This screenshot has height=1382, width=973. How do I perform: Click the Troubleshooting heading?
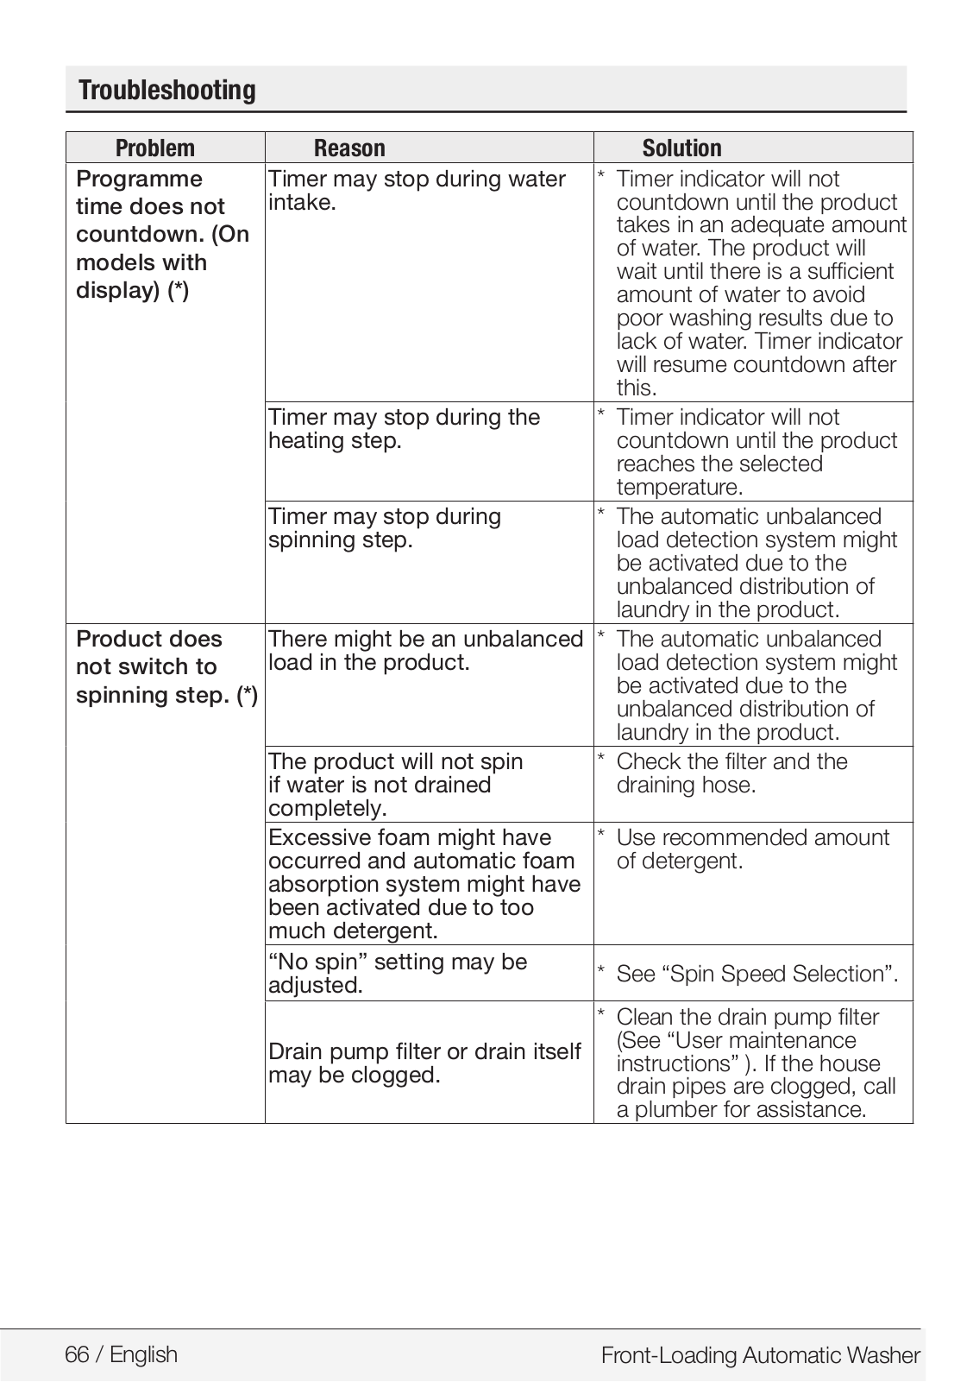(x=167, y=91)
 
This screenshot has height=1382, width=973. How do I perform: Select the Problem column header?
(x=155, y=148)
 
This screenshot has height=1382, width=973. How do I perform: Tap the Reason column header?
(x=349, y=148)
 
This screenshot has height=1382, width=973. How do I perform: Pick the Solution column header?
(x=681, y=148)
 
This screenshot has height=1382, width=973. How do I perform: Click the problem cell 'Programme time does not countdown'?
(x=162, y=235)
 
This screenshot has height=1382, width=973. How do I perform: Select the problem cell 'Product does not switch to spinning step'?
(x=166, y=667)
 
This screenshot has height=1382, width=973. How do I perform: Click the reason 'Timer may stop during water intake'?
(x=417, y=191)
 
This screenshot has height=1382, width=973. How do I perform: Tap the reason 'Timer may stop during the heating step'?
(x=404, y=429)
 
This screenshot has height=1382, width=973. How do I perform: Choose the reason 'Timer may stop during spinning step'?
(x=385, y=528)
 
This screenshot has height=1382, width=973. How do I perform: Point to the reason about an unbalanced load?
(x=425, y=651)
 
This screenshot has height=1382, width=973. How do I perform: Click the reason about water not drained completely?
(x=395, y=785)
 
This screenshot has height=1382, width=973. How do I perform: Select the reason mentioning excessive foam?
(x=424, y=884)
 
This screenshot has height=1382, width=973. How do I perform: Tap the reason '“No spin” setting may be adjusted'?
(x=398, y=974)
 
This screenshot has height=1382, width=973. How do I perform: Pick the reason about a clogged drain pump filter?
(x=424, y=1063)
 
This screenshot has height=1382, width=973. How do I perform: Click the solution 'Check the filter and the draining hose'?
(x=731, y=773)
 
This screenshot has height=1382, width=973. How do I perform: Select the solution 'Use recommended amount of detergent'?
(x=752, y=849)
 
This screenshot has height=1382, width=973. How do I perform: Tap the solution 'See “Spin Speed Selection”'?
(x=756, y=975)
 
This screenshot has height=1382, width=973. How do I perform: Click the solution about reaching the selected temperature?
(x=756, y=452)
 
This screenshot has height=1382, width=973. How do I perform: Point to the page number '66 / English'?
(x=122, y=1354)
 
